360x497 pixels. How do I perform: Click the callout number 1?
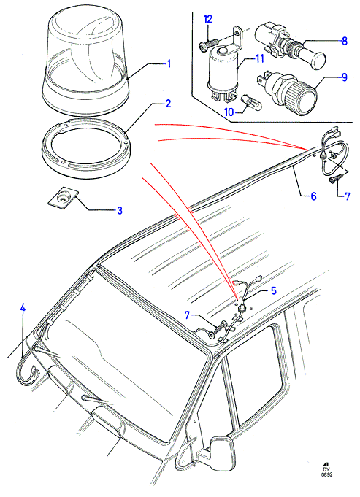click(169, 64)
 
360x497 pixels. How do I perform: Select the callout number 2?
click(168, 104)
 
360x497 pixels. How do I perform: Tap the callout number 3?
click(120, 210)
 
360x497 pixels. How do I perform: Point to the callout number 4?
click(22, 308)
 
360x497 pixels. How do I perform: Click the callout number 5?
click(273, 290)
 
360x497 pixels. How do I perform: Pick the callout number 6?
click(313, 196)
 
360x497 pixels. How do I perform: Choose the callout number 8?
click(345, 41)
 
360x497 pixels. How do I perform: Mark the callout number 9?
click(344, 77)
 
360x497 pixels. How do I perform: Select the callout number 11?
click(259, 58)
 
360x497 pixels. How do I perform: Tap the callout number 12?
click(208, 19)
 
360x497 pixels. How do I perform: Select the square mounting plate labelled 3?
click(62, 199)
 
